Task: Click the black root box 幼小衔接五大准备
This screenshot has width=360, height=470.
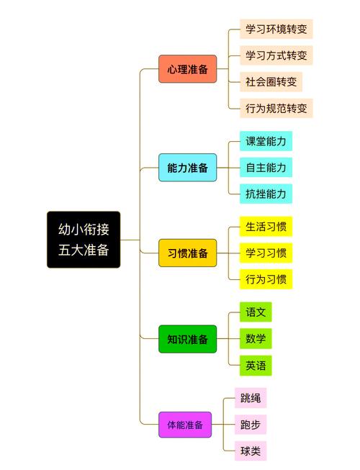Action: tap(84, 240)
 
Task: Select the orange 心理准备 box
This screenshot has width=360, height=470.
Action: tap(188, 69)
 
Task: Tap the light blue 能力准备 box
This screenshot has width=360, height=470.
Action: tap(188, 168)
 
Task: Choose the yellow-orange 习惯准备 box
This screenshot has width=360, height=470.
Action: tap(188, 253)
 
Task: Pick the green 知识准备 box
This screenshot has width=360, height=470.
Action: tap(188, 339)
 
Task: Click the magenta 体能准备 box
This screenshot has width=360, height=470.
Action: tap(185, 425)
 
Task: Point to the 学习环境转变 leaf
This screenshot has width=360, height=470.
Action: tap(276, 29)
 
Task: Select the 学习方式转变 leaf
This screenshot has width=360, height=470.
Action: tap(276, 55)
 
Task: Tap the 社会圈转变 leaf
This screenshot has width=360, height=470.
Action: tap(271, 82)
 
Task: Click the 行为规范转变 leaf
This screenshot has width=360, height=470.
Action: tap(276, 108)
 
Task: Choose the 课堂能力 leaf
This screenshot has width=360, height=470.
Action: tap(266, 141)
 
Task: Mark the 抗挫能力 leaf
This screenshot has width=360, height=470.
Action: tap(266, 194)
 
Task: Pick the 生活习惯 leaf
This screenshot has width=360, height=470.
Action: tap(266, 227)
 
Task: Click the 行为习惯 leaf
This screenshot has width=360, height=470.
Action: tap(266, 279)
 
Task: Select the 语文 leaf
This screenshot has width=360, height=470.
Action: tap(256, 312)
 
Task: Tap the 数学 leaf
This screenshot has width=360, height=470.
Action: tap(256, 339)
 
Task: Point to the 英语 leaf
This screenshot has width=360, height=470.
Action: tap(256, 366)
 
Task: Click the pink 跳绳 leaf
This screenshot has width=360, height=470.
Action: tap(251, 398)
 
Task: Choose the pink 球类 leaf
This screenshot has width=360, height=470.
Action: tap(251, 451)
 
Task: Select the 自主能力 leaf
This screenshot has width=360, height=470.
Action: tap(266, 168)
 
